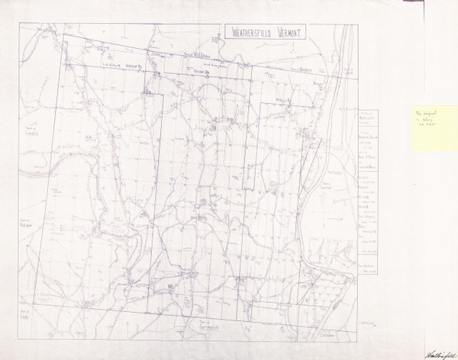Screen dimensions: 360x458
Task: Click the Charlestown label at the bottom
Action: click(x=328, y=334)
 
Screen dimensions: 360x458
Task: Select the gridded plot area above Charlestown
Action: click(x=324, y=294)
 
